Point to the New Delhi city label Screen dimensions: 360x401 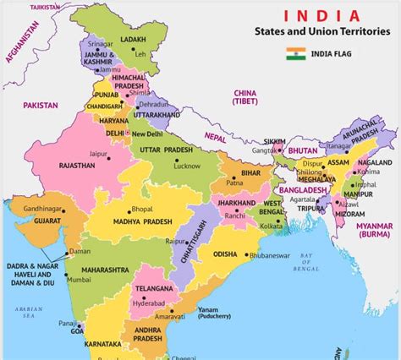[147, 134]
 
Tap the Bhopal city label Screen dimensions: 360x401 [143, 208]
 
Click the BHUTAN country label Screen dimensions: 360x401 [302, 150]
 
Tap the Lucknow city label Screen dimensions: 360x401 [186, 166]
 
